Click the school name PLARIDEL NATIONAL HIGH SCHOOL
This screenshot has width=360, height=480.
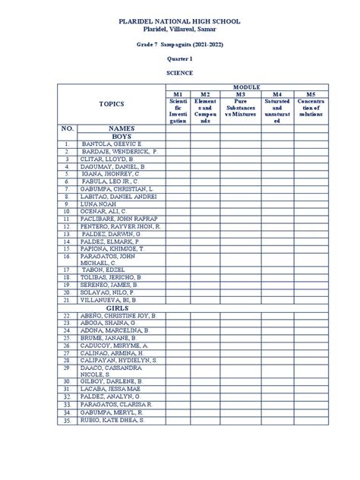click(x=180, y=21)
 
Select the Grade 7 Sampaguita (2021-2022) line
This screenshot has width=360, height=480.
click(x=180, y=45)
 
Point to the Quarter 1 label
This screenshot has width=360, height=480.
click(x=180, y=58)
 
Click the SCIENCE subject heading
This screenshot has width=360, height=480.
click(x=180, y=72)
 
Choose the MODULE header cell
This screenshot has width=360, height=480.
click(x=246, y=87)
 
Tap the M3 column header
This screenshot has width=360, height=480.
click(x=241, y=94)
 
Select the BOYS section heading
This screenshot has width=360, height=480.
click(x=120, y=137)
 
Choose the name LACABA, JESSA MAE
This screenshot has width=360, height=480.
click(x=111, y=390)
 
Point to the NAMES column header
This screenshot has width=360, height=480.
click(x=120, y=128)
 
